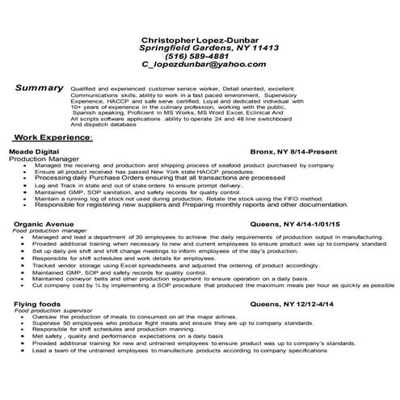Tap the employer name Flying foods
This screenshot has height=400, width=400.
pos(32,301)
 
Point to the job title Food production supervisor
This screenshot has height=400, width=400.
pos(51,309)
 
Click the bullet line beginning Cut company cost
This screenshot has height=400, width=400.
pos(218,286)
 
